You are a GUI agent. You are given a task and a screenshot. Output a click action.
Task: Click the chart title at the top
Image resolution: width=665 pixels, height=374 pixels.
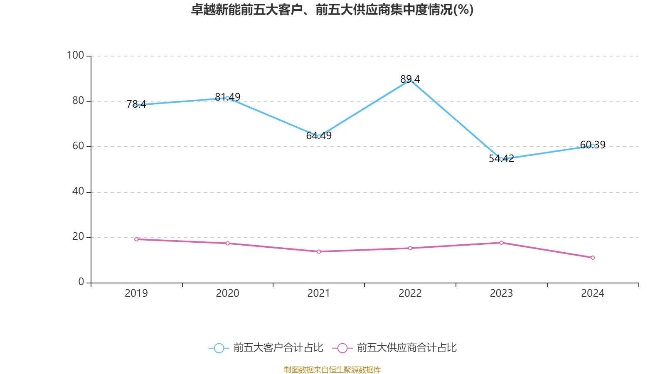click(332, 10)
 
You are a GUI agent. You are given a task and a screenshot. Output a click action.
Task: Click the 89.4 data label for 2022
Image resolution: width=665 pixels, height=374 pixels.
click(410, 79)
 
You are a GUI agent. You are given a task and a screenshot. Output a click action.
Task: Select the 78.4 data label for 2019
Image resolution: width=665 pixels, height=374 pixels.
click(136, 104)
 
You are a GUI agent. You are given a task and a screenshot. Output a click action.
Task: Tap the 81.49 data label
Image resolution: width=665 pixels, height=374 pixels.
click(227, 97)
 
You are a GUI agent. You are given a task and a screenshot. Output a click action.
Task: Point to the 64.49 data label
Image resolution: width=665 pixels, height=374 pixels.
click(319, 135)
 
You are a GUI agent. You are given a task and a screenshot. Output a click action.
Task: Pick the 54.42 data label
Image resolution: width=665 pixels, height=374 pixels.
click(501, 158)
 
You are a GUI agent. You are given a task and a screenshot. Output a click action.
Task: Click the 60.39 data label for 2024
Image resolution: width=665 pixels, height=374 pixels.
click(593, 145)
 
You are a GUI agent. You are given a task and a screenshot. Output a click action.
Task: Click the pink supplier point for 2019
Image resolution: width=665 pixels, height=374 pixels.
click(136, 239)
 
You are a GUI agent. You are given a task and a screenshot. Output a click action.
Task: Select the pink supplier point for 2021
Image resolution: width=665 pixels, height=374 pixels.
click(319, 251)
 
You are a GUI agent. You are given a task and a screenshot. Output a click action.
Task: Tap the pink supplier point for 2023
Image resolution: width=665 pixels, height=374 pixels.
click(501, 243)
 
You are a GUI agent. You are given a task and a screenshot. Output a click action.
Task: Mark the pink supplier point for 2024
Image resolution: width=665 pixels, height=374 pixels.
click(593, 258)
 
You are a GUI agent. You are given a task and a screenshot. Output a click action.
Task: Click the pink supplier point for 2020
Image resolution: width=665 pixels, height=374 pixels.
click(227, 243)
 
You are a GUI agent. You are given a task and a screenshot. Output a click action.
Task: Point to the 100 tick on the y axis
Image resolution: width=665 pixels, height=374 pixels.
click(75, 55)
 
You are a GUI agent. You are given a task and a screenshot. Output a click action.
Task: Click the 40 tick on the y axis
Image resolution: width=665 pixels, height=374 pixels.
click(78, 191)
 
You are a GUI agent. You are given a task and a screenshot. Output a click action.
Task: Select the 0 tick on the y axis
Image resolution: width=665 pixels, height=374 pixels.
click(81, 282)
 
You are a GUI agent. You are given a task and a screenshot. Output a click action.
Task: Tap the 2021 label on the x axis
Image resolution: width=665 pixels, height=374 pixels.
click(318, 293)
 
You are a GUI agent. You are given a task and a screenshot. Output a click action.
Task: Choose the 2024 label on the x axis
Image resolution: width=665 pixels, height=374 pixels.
click(593, 293)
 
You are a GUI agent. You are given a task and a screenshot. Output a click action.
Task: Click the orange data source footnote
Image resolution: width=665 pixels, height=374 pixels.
click(332, 369)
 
